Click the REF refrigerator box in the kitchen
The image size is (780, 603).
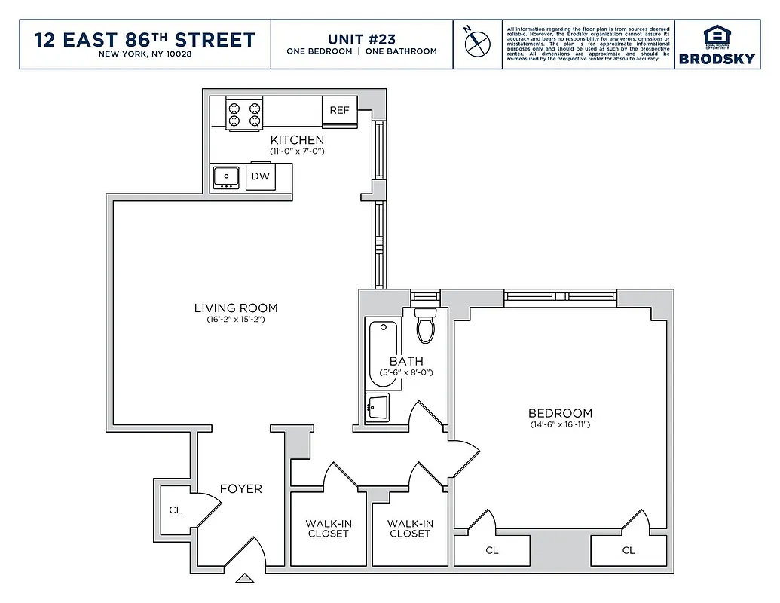point(339,111)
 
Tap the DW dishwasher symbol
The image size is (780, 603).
point(260,176)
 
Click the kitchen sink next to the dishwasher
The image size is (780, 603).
point(226,177)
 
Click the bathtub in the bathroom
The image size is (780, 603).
point(382,350)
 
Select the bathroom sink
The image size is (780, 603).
point(376,408)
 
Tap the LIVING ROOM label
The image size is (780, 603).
point(236,308)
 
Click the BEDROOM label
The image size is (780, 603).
point(560,413)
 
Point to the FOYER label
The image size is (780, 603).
point(241,488)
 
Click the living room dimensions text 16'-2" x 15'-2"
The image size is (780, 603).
point(236,320)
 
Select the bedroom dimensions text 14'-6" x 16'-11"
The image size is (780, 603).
point(559,425)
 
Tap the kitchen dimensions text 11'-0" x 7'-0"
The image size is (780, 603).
point(297,152)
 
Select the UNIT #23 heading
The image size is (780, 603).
point(362,38)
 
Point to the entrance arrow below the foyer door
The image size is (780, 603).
point(245,579)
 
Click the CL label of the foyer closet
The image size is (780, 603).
point(175,510)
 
